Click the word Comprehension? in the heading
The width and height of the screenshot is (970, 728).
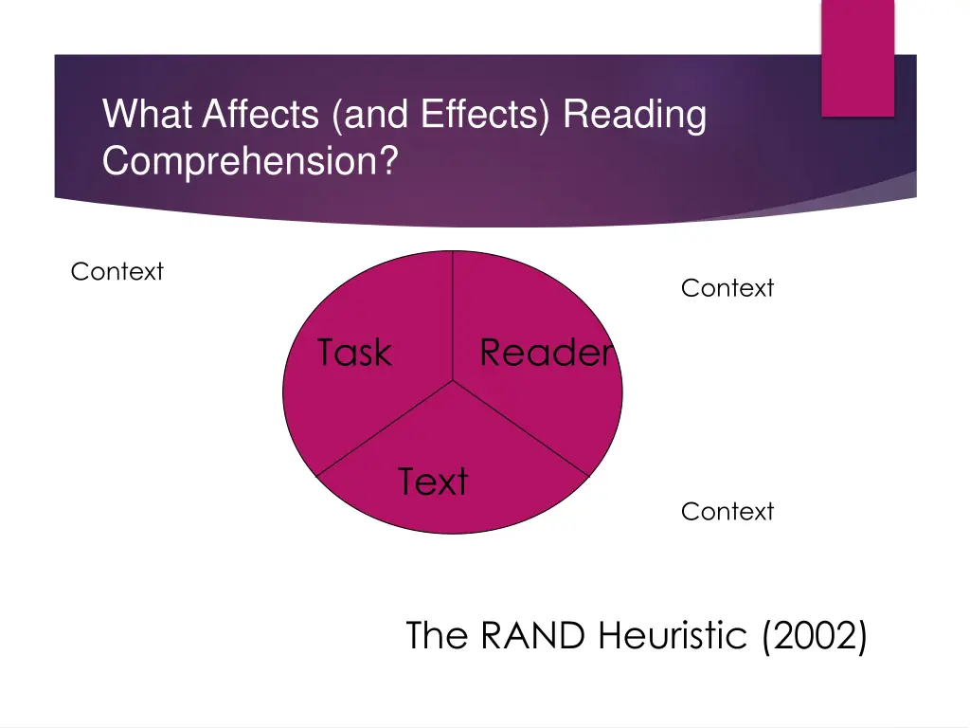(x=250, y=161)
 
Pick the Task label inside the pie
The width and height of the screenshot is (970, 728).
(x=353, y=353)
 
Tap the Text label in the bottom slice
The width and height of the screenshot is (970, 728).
(x=433, y=482)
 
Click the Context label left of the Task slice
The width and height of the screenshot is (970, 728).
(x=117, y=272)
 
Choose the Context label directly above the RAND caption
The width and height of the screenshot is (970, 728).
(x=727, y=512)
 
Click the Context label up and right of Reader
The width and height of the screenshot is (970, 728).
(x=727, y=288)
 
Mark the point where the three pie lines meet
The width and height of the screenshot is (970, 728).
(x=453, y=381)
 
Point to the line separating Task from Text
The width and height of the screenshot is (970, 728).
(x=384, y=428)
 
